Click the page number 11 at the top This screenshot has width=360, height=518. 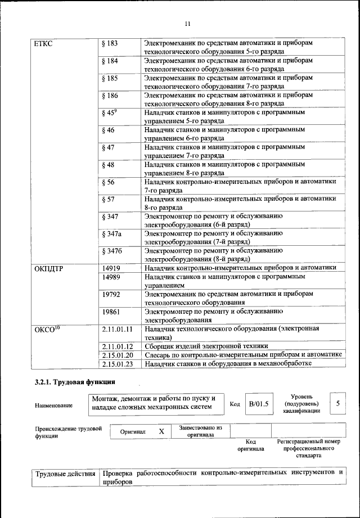click(x=188, y=24)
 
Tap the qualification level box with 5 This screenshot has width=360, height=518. click(x=337, y=403)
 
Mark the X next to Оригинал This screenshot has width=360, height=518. click(x=161, y=431)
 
